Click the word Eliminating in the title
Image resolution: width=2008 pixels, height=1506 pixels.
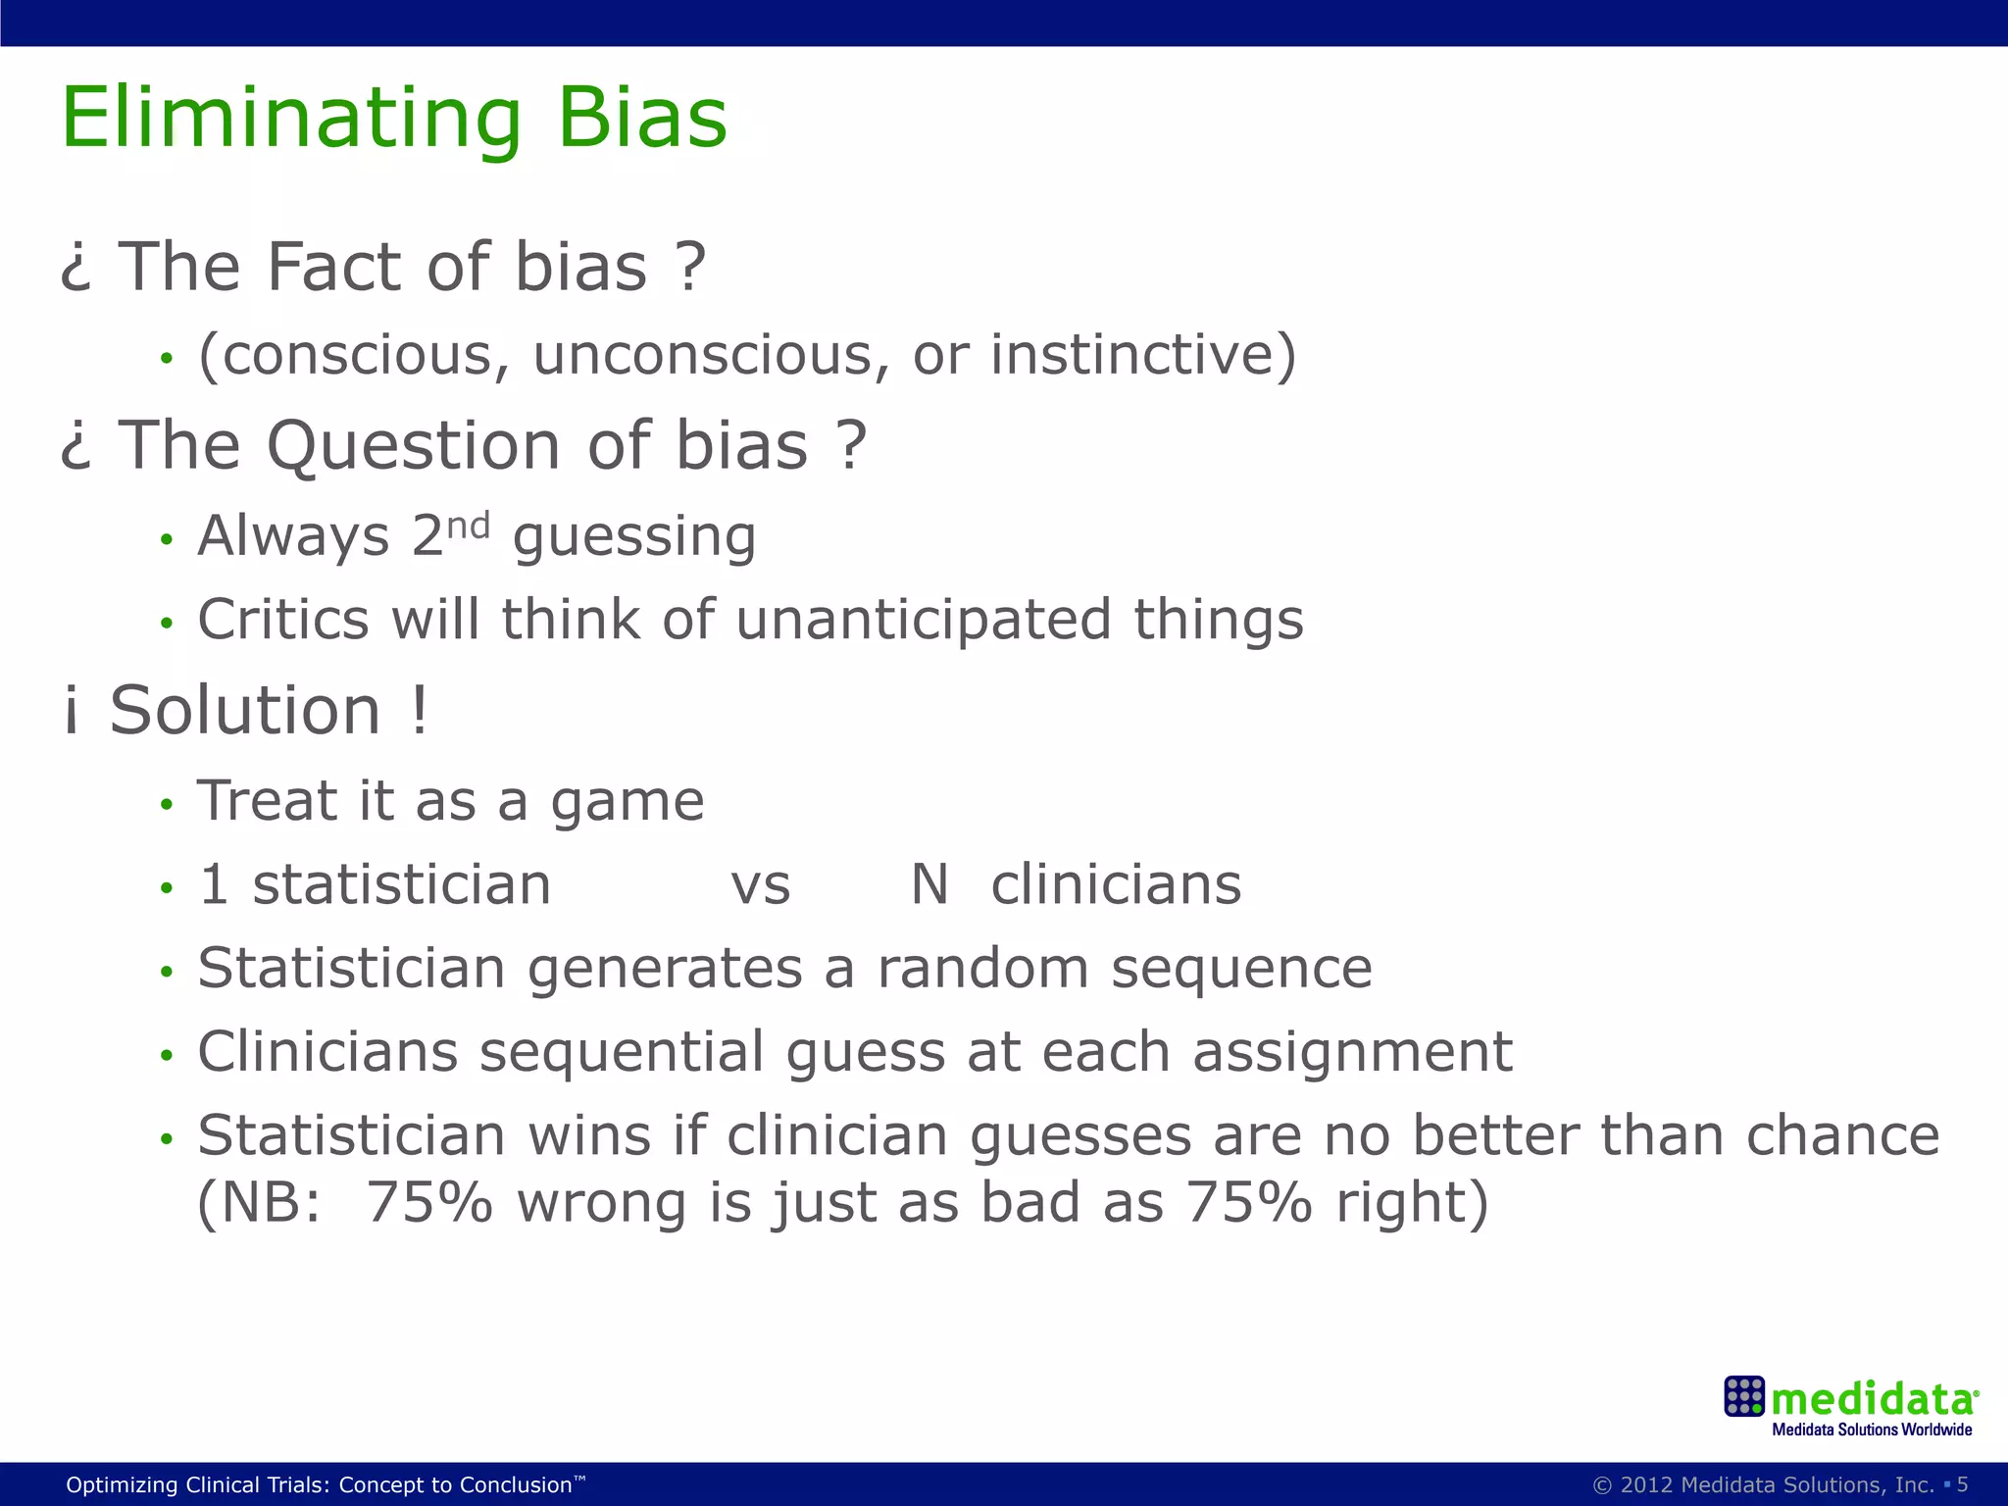(x=291, y=120)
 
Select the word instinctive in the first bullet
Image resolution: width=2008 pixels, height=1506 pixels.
(x=1143, y=355)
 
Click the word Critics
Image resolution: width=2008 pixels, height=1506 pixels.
(x=283, y=620)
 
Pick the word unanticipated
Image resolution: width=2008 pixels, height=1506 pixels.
(x=924, y=622)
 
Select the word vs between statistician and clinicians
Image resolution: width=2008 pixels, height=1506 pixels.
(x=761, y=886)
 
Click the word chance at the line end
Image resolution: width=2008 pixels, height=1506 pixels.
(x=1843, y=1137)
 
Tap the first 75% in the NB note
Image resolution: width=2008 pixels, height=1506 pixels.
(x=429, y=1203)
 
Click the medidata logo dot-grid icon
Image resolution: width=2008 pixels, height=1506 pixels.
(x=1744, y=1396)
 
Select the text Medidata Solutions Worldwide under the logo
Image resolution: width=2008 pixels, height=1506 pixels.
(x=1872, y=1430)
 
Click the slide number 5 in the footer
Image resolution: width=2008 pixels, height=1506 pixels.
(x=1963, y=1484)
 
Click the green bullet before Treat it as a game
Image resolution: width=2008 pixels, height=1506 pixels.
(x=167, y=805)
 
